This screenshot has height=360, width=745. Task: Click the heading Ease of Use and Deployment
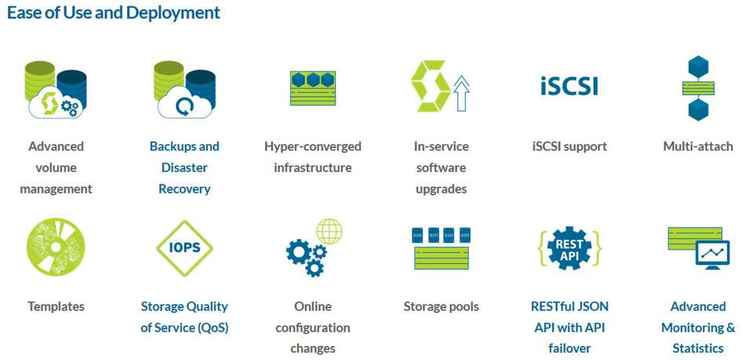click(114, 13)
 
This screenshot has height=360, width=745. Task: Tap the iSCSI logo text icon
click(569, 86)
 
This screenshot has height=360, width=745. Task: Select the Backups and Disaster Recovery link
click(184, 168)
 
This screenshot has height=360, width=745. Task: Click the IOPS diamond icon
click(184, 248)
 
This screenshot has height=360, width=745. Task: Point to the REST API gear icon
click(569, 248)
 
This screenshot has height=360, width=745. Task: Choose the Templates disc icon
click(56, 247)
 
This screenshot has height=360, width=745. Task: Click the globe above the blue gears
click(329, 231)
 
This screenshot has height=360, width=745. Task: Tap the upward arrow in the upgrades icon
click(461, 94)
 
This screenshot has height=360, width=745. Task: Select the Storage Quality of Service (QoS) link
click(184, 317)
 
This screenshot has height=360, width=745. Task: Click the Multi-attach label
click(698, 147)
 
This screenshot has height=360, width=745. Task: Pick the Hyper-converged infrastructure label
click(313, 157)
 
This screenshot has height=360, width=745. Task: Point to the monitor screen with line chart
click(712, 253)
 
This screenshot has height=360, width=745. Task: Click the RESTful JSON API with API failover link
click(569, 327)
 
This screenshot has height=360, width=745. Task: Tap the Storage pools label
click(442, 307)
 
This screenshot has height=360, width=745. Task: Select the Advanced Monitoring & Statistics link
click(698, 327)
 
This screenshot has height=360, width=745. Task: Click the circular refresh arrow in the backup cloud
click(183, 107)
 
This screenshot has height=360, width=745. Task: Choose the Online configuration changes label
click(313, 327)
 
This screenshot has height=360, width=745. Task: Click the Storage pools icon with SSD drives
click(442, 249)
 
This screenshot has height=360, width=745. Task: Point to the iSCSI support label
click(569, 147)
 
